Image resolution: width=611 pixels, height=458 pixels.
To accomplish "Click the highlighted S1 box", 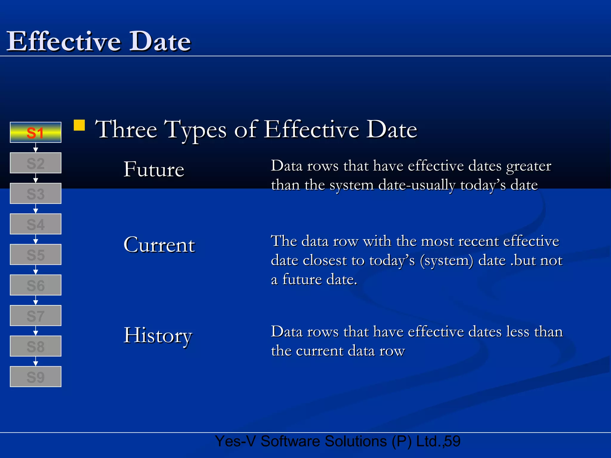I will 36,132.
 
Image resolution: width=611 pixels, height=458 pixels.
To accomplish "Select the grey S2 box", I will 36,163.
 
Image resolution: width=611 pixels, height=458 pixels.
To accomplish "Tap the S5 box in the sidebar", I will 36,255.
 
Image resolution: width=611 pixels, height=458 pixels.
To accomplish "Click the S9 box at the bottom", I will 36,377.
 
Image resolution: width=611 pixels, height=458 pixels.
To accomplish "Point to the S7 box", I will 36,315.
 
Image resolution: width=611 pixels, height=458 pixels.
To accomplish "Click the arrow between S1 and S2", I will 36,148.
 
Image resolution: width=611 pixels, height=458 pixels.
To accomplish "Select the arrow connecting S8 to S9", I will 36,361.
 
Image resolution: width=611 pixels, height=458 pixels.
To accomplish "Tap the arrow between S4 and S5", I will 36,239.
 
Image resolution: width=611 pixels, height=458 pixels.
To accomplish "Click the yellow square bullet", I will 79,125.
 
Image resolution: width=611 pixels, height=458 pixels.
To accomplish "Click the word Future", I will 154,169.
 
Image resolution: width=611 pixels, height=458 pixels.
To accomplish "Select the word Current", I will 159,245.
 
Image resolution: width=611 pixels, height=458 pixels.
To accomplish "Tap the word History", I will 158,335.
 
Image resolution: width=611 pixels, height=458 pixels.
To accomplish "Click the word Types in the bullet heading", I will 196,130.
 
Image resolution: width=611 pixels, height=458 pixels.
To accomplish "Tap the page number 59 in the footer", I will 452,441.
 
